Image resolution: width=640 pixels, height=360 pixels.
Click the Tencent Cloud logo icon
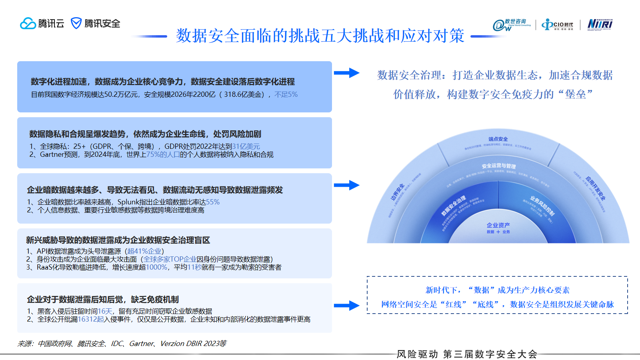28,24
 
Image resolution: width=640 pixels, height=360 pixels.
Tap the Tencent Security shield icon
76,23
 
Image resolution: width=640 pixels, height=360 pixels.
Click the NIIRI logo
600,24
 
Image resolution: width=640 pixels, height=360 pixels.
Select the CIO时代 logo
558,25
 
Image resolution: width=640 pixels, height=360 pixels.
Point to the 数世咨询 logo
512,25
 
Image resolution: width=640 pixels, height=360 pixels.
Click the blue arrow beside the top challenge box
346,73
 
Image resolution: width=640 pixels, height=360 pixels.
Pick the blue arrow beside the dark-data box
346,185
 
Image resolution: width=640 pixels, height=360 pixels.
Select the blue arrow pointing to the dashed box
346,306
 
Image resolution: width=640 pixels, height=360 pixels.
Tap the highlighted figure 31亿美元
246,146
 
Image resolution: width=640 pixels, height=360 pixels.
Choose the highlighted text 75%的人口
163,154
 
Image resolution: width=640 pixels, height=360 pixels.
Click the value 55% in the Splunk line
213,202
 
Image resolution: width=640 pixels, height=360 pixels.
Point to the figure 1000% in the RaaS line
156,267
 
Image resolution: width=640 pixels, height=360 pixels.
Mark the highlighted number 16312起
91,319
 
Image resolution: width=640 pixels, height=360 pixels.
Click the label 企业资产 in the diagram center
498,225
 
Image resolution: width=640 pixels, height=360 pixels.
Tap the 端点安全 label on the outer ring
498,139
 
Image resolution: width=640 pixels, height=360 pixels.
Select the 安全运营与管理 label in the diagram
498,166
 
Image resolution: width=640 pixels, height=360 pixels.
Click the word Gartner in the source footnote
141,344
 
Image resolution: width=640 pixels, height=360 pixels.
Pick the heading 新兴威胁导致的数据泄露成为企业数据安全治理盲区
118,240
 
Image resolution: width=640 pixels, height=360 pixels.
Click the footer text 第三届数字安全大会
490,354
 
